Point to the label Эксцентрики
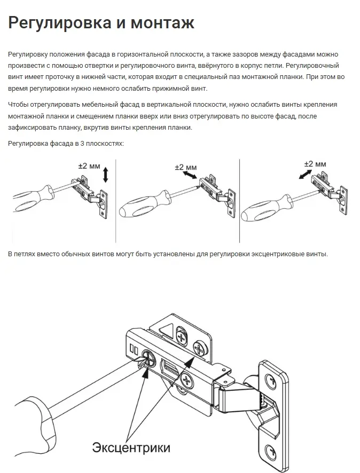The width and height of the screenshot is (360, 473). pos(131,446)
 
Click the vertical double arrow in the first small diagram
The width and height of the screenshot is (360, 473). pos(106,175)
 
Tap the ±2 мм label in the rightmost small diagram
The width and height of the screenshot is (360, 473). pos(315,164)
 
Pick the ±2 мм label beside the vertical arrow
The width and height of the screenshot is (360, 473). pos(89,166)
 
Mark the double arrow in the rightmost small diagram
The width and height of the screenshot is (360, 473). pos(306,175)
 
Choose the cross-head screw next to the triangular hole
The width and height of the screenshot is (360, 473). pos(181,338)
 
